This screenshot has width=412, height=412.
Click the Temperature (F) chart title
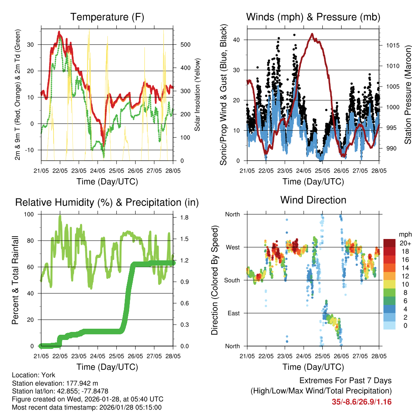point(107,17)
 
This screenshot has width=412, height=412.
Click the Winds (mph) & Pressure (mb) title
point(313,17)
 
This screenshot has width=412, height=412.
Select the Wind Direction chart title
point(313,200)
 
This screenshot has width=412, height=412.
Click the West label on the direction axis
point(233,247)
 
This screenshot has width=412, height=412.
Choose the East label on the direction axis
point(233,313)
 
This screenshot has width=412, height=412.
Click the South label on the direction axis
point(232,280)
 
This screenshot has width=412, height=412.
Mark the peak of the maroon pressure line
point(312,34)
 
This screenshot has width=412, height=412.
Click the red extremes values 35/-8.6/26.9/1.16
point(362,402)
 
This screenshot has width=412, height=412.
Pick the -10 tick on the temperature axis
point(31,150)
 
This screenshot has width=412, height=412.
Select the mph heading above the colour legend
point(404,235)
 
